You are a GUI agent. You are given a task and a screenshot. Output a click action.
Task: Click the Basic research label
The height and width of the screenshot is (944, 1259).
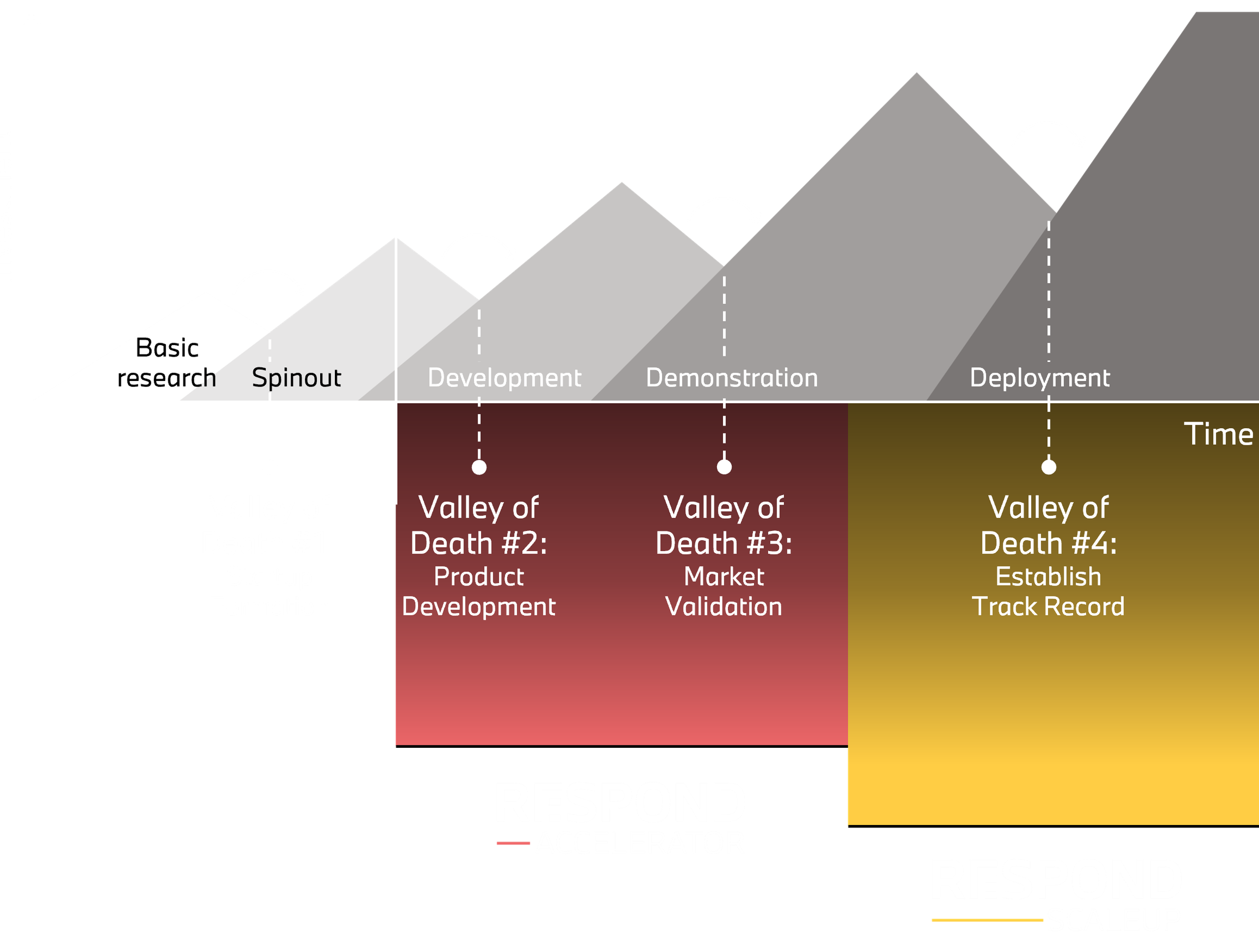click(x=167, y=363)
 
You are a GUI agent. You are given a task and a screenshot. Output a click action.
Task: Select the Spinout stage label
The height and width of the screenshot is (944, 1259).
click(x=297, y=378)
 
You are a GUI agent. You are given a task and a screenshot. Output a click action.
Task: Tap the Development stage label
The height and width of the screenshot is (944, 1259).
click(x=504, y=378)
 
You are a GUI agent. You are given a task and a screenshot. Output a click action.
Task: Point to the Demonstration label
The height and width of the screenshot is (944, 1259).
click(x=731, y=378)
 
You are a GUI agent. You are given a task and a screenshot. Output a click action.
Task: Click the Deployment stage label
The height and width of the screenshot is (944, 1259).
click(x=1039, y=378)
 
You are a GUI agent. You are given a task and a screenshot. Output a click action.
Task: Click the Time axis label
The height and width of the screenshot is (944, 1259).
click(x=1218, y=434)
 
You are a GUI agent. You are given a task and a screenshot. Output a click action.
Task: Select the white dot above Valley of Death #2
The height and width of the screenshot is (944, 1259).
click(x=479, y=467)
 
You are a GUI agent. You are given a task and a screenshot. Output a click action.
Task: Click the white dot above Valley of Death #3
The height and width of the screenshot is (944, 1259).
click(x=724, y=467)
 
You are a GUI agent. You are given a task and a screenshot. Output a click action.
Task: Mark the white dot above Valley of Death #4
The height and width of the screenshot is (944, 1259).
click(x=1049, y=467)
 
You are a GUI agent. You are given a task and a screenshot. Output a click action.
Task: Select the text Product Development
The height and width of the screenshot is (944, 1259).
click(x=479, y=592)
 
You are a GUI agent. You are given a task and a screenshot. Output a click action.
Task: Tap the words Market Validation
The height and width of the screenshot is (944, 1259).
click(x=724, y=592)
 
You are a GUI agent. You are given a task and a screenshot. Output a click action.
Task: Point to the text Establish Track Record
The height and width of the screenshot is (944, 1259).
click(x=1049, y=592)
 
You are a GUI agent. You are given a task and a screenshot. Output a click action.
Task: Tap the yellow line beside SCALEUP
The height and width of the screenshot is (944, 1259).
click(x=987, y=920)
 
